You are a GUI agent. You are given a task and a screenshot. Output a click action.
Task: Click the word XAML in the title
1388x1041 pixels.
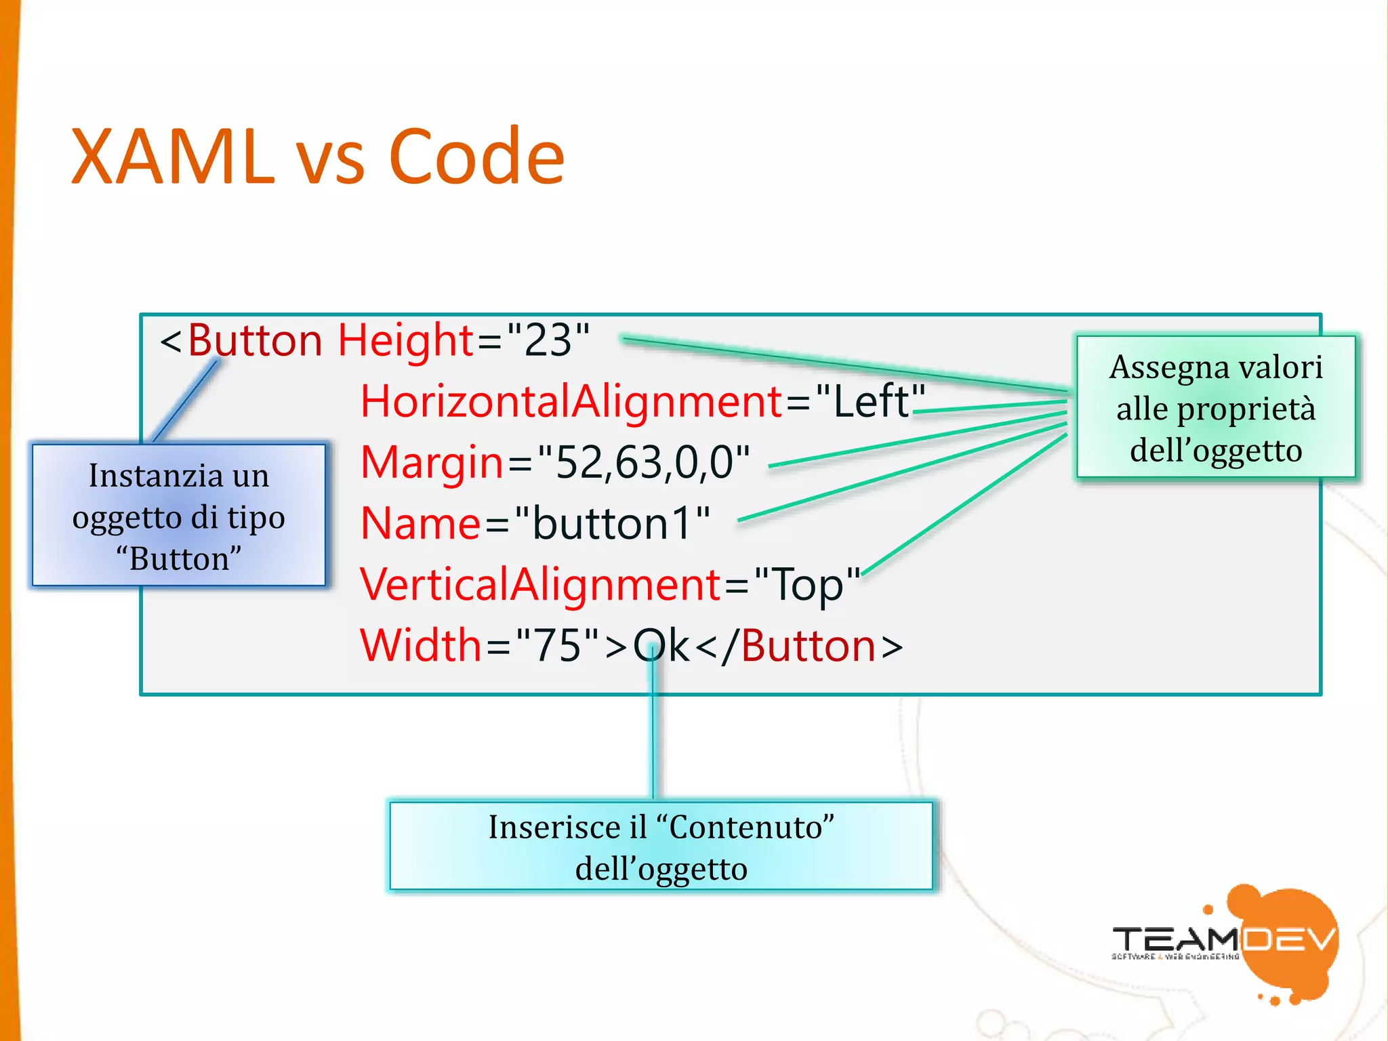point(173,157)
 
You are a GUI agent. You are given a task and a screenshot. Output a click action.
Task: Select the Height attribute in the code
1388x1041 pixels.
point(405,340)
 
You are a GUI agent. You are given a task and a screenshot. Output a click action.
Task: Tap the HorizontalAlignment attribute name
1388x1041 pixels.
point(571,401)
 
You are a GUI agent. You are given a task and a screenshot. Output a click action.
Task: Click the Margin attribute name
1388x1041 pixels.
point(432,462)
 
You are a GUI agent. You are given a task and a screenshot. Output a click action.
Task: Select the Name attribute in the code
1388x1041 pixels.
point(420,523)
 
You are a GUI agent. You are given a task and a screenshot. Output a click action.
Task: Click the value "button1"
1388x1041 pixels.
point(612,523)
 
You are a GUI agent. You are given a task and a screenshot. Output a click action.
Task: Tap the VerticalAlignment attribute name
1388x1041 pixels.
point(540,584)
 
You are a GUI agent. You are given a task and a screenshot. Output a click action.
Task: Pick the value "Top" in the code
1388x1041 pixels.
point(807,584)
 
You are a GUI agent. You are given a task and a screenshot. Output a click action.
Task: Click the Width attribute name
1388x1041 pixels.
point(420,645)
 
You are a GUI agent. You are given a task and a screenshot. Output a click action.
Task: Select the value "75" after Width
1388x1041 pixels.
point(557,645)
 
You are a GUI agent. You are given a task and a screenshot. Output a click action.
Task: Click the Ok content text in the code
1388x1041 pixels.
point(661,645)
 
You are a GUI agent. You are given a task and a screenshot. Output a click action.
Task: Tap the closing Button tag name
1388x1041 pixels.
point(809,645)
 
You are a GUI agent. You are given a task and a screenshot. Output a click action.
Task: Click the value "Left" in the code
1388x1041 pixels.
point(870,401)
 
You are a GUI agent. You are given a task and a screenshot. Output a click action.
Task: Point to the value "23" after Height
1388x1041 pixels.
point(548,340)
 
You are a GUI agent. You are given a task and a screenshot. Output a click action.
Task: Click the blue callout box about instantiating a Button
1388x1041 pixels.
point(179,515)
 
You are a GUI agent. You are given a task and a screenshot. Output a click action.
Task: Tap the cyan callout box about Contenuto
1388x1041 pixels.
point(661,846)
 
